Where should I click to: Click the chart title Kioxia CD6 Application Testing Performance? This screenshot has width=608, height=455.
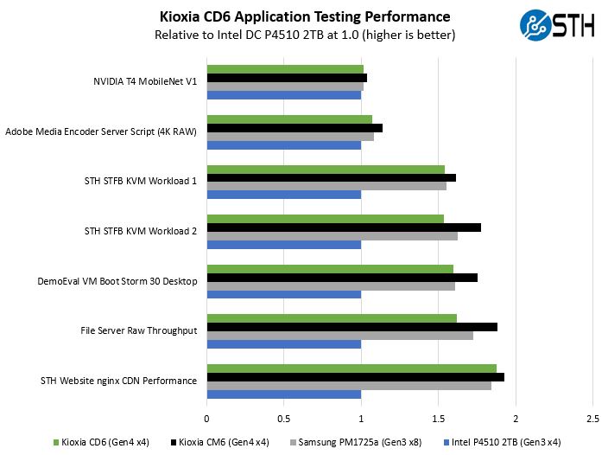coord(305,16)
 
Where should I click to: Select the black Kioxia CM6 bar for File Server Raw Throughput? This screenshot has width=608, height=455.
coord(352,327)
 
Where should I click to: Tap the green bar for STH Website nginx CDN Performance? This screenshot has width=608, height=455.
coord(351,368)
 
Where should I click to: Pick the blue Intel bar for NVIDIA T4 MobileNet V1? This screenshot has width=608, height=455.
coord(284,95)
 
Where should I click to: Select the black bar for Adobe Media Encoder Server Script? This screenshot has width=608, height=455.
coord(294,128)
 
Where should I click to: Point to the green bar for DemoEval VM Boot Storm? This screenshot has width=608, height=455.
coord(330,268)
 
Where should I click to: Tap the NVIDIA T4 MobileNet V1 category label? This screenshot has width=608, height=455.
coord(145,82)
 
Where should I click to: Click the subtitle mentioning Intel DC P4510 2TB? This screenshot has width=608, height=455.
coord(305,35)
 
